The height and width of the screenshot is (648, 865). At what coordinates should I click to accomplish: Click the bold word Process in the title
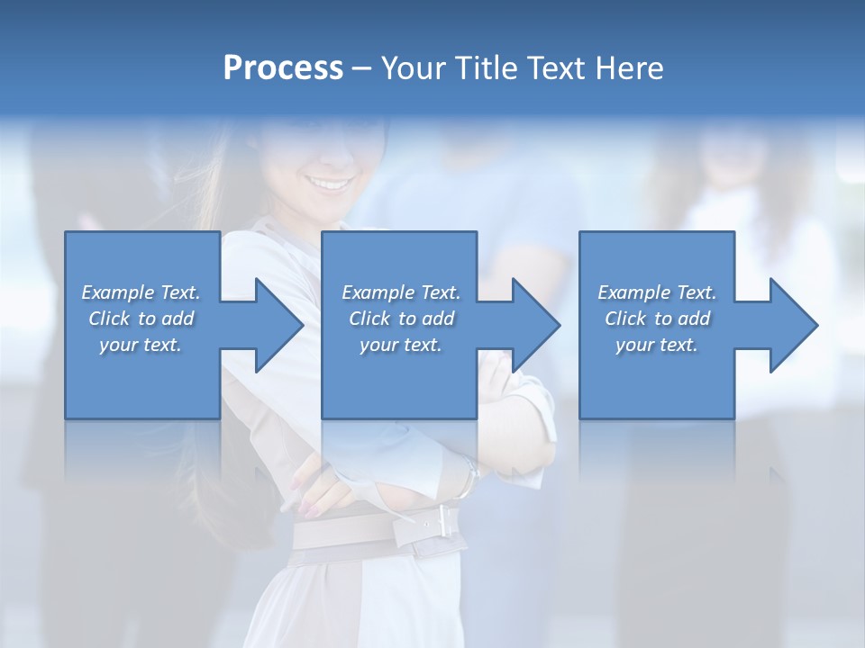(x=283, y=68)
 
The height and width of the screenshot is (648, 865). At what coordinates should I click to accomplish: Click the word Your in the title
(x=414, y=68)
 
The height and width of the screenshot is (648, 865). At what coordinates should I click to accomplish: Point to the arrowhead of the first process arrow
(x=279, y=325)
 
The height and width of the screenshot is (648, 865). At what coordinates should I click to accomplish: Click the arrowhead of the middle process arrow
(x=536, y=325)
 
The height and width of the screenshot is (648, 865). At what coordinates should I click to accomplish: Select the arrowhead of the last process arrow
(x=794, y=325)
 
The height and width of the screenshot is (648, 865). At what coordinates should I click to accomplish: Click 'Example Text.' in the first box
(x=141, y=292)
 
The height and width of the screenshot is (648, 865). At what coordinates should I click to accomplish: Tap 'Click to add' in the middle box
(x=401, y=319)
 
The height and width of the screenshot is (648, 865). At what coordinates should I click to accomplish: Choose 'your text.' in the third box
(x=656, y=345)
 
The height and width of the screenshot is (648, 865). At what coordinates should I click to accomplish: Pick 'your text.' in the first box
(x=141, y=345)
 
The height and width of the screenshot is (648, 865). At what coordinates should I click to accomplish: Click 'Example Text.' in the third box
(x=656, y=292)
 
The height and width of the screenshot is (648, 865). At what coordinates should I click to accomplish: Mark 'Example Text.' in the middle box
(x=401, y=292)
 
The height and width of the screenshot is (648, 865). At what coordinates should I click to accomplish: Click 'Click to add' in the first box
(x=141, y=319)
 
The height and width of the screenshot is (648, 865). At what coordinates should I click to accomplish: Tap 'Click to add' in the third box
(x=656, y=319)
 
